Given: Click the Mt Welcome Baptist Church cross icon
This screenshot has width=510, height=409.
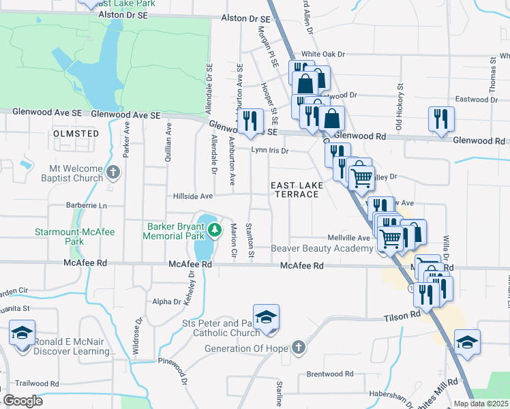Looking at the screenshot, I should [113, 173].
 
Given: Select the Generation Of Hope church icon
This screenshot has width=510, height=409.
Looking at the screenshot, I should [298, 348].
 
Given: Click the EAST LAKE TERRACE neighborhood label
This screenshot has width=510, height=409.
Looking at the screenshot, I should [295, 190].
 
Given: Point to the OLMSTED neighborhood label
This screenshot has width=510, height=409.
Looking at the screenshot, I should [76, 134].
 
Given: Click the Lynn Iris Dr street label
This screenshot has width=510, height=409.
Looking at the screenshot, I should [270, 150].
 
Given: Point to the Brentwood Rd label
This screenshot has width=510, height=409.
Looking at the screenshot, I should [329, 374].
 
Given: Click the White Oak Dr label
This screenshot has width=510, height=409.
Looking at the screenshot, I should [324, 54].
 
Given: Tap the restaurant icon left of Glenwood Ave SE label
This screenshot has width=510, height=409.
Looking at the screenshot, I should [250, 121].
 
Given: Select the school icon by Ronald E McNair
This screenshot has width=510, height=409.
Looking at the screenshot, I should [22, 335].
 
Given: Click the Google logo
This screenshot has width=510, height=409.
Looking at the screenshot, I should [22, 401].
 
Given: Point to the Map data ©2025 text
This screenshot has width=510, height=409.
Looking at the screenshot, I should [481, 404].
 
